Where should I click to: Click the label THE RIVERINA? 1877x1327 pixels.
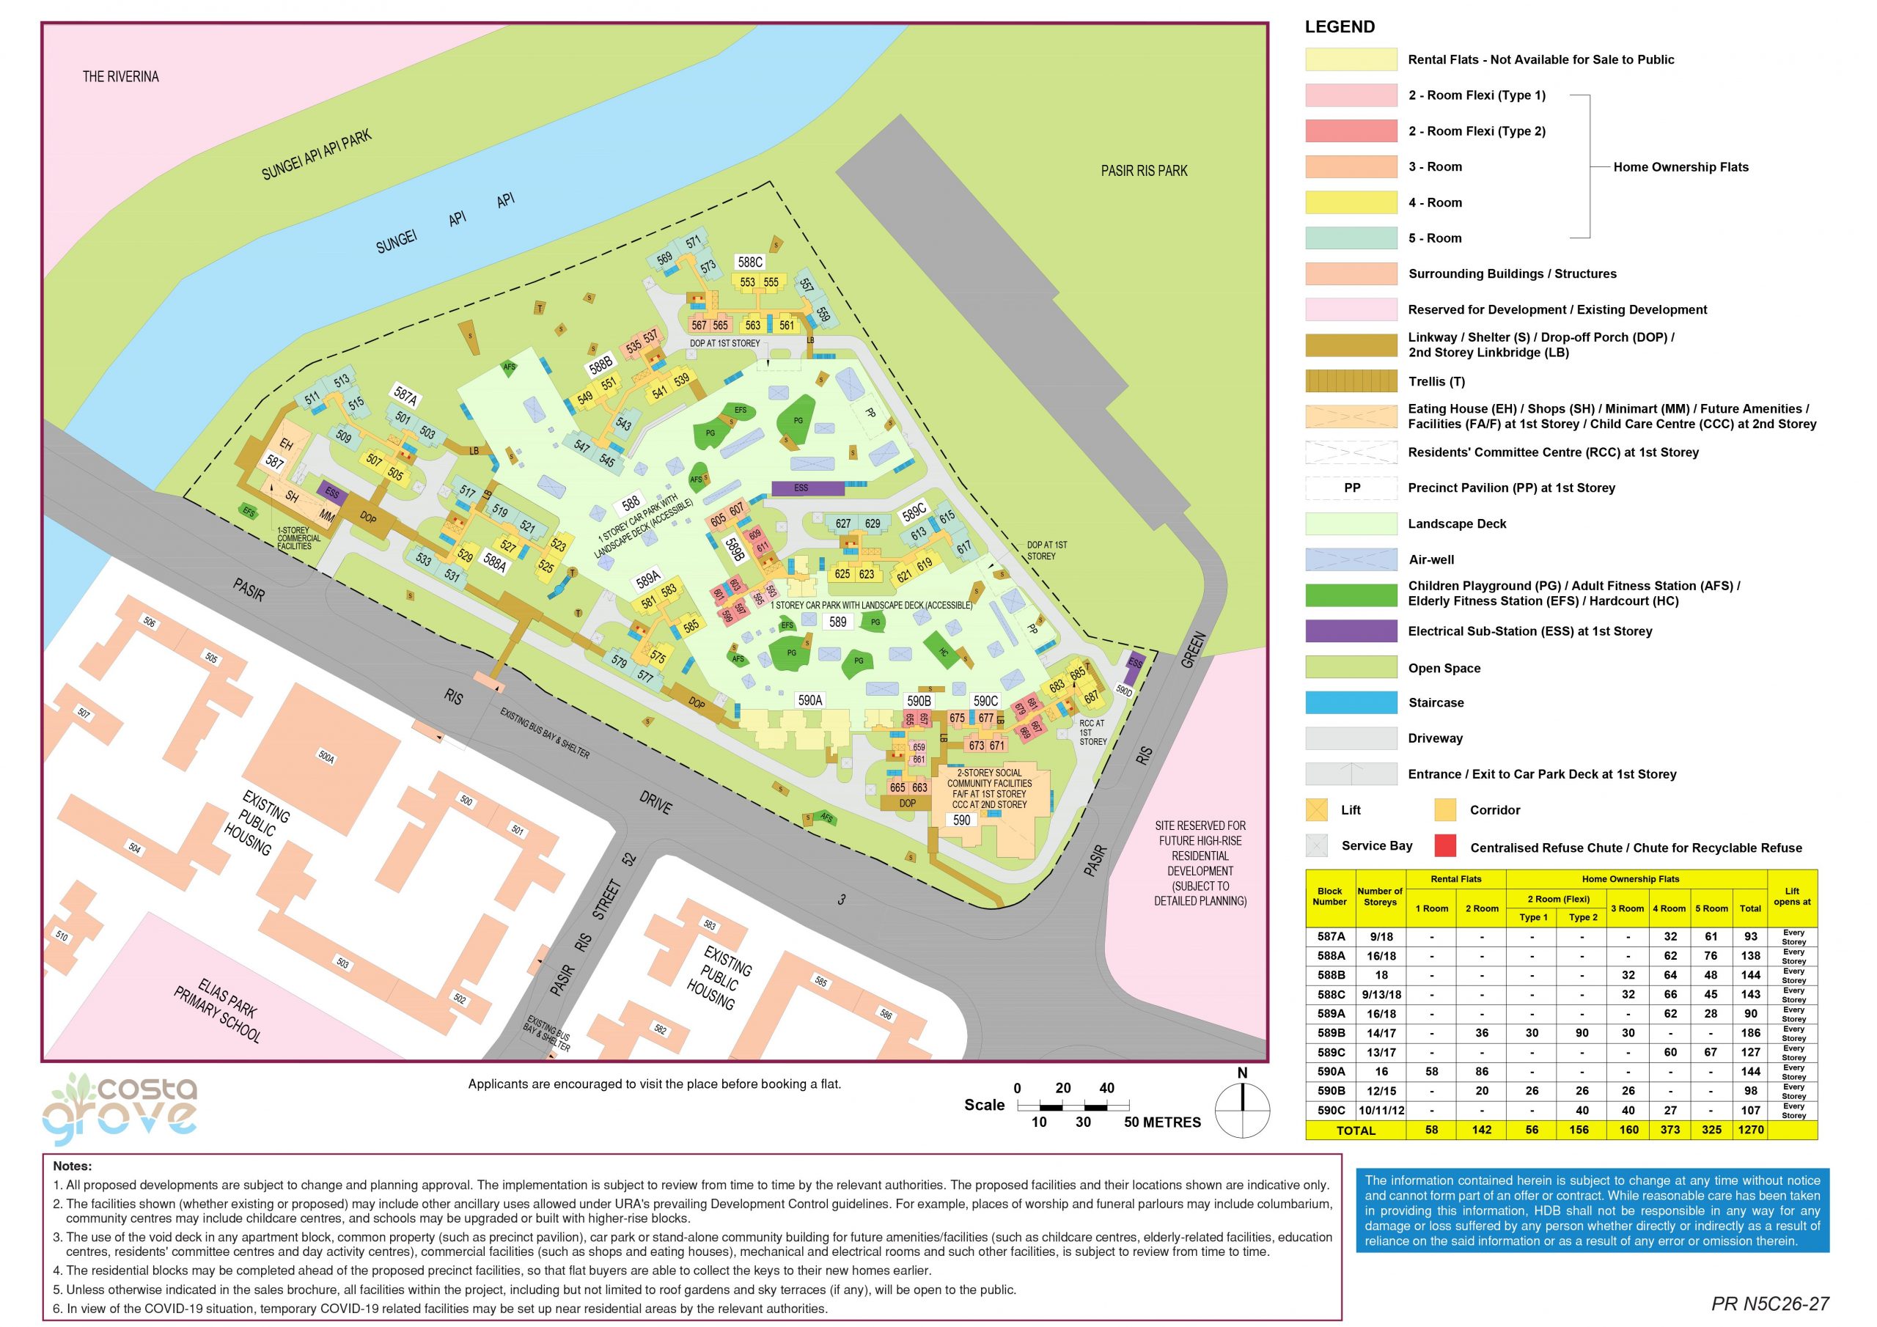[120, 77]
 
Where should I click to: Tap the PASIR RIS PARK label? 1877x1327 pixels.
[1143, 171]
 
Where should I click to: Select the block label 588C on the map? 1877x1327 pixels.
[749, 262]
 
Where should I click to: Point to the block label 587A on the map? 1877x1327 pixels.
[405, 396]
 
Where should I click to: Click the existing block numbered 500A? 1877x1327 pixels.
[326, 757]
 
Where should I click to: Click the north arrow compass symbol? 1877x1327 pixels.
[1242, 1109]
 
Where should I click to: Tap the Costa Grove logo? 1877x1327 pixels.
[121, 1109]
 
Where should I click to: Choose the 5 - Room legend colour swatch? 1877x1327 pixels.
[1351, 238]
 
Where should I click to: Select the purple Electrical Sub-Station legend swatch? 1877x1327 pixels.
[1351, 631]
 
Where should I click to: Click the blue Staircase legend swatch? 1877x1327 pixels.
[1351, 702]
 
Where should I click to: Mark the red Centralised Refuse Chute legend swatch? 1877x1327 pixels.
[1444, 846]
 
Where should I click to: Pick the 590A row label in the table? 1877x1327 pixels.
[1330, 1071]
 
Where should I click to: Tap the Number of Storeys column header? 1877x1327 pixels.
[1380, 896]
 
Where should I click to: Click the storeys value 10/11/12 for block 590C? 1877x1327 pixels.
[1381, 1110]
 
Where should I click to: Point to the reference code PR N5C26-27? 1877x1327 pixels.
[1770, 1304]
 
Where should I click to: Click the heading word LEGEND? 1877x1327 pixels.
[1339, 27]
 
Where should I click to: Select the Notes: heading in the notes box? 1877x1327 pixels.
[73, 1166]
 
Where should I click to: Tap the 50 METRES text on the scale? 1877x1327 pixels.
[1161, 1122]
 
